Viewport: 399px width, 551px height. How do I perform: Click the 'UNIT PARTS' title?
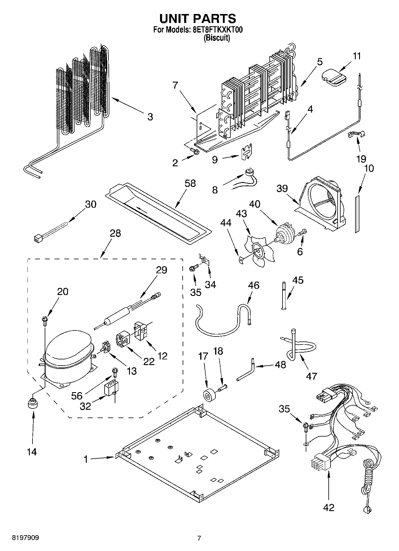(x=198, y=18)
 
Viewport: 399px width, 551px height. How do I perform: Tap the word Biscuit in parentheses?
(x=217, y=38)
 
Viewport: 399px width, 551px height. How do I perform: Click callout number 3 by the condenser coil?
(x=150, y=117)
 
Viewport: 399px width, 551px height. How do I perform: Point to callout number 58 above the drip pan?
(x=190, y=183)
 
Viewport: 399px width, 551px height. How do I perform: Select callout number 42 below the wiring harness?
(x=329, y=507)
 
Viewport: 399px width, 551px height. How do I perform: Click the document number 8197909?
(x=25, y=538)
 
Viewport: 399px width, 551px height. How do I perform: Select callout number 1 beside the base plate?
(x=86, y=460)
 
